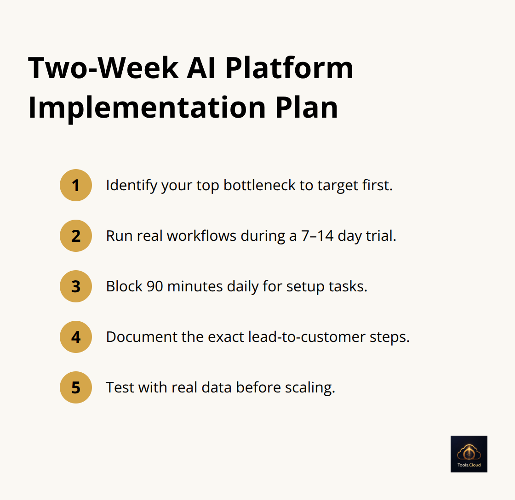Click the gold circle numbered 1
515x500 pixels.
pyautogui.click(x=76, y=185)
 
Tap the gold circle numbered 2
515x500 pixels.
pyautogui.click(x=76, y=236)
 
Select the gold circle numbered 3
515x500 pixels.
pyautogui.click(x=76, y=286)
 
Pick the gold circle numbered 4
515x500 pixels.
pyautogui.click(x=76, y=337)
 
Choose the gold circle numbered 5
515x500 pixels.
pyautogui.click(x=76, y=387)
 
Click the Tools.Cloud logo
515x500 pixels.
pyautogui.click(x=469, y=454)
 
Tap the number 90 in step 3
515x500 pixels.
pyautogui.click(x=155, y=286)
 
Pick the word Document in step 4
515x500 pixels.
pyautogui.click(x=139, y=337)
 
